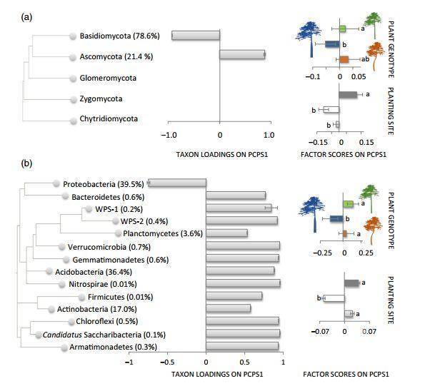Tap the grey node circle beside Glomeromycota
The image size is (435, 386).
pos(73,77)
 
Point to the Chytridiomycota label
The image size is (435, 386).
pos(112,118)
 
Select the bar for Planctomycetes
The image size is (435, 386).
pos(226,233)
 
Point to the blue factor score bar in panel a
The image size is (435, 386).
pos(331,44)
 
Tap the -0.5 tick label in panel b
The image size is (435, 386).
pos(167,362)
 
